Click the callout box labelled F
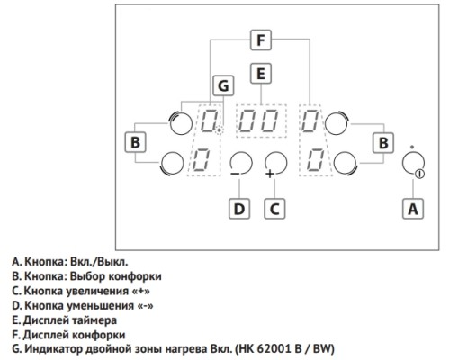(261, 40)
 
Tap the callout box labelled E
(261, 74)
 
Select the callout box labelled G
(223, 85)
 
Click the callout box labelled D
(239, 209)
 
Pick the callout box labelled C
(274, 209)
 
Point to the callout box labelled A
(413, 209)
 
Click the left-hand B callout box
(135, 142)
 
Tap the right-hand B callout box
(383, 143)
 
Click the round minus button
(241, 164)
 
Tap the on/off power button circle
(413, 164)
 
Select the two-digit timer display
(261, 121)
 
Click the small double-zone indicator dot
(220, 130)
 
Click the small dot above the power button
(412, 147)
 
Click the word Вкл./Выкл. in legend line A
(99, 262)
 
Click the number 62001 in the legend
(275, 349)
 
